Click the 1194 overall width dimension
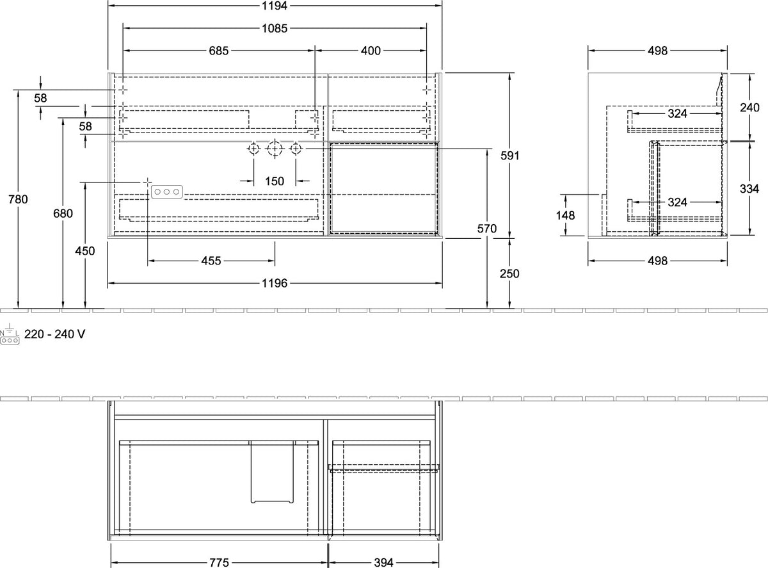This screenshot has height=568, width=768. (x=275, y=6)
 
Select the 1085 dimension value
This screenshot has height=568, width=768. (x=275, y=28)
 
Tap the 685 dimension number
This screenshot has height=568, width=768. (x=219, y=51)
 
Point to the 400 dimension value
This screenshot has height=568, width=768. (x=371, y=51)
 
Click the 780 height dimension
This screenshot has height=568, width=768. (x=18, y=199)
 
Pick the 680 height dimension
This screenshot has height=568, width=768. (x=63, y=213)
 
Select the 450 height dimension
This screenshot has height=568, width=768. (x=85, y=251)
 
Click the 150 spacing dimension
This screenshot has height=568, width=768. (x=275, y=181)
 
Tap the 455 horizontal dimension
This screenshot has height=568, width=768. (x=211, y=261)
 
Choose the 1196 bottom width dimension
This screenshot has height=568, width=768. (x=275, y=284)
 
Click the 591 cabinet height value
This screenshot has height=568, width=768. (x=510, y=156)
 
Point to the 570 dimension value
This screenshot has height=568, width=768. (x=487, y=229)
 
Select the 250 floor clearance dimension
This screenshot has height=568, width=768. (x=509, y=274)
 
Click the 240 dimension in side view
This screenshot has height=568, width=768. (x=749, y=108)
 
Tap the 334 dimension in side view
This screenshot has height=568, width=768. (x=749, y=189)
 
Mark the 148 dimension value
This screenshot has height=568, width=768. (x=565, y=216)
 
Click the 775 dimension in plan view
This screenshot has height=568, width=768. (x=219, y=562)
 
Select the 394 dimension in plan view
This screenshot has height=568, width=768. (x=383, y=562)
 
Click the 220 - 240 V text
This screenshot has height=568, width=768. (x=54, y=334)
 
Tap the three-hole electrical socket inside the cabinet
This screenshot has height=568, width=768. (x=167, y=192)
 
